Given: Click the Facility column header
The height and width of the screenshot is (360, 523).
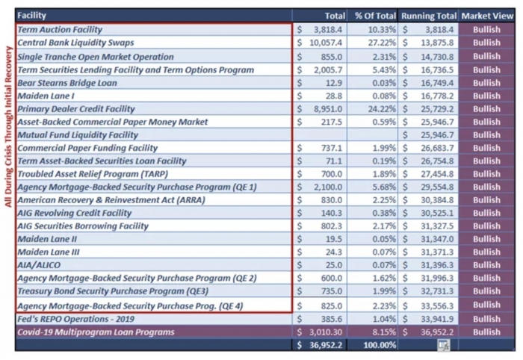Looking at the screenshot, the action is click(31, 16).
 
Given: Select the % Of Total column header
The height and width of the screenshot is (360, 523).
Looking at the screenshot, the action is click(375, 16).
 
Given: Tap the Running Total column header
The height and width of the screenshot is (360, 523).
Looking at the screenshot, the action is click(429, 16).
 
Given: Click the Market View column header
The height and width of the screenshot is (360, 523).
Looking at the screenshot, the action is click(487, 16).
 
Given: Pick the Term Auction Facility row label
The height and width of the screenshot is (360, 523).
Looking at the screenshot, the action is click(60, 30).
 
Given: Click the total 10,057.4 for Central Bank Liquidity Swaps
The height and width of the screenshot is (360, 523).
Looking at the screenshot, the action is click(326, 43).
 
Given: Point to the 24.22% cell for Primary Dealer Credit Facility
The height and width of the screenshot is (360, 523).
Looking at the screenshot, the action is click(382, 109).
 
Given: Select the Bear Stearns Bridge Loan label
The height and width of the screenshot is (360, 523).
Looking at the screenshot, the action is click(67, 83).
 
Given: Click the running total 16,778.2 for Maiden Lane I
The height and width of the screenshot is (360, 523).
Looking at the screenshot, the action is click(437, 96).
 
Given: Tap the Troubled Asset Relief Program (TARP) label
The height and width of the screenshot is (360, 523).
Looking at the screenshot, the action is click(93, 174).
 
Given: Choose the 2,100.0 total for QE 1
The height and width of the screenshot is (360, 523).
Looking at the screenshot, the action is click(328, 187).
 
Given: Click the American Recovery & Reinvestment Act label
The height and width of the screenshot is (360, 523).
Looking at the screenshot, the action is click(111, 200).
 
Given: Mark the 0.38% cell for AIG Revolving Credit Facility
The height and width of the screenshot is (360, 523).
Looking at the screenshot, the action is click(384, 213).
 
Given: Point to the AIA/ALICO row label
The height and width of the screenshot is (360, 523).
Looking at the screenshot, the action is click(39, 265).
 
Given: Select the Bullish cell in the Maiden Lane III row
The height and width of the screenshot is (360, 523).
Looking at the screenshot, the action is click(486, 252).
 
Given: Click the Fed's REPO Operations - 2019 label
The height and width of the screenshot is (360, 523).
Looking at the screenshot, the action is click(75, 319).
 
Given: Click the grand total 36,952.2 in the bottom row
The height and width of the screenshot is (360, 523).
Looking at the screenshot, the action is click(326, 345).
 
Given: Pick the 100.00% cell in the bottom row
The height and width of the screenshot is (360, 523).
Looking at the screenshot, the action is click(380, 345).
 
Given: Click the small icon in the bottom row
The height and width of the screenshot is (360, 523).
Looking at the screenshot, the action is click(444, 345).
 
